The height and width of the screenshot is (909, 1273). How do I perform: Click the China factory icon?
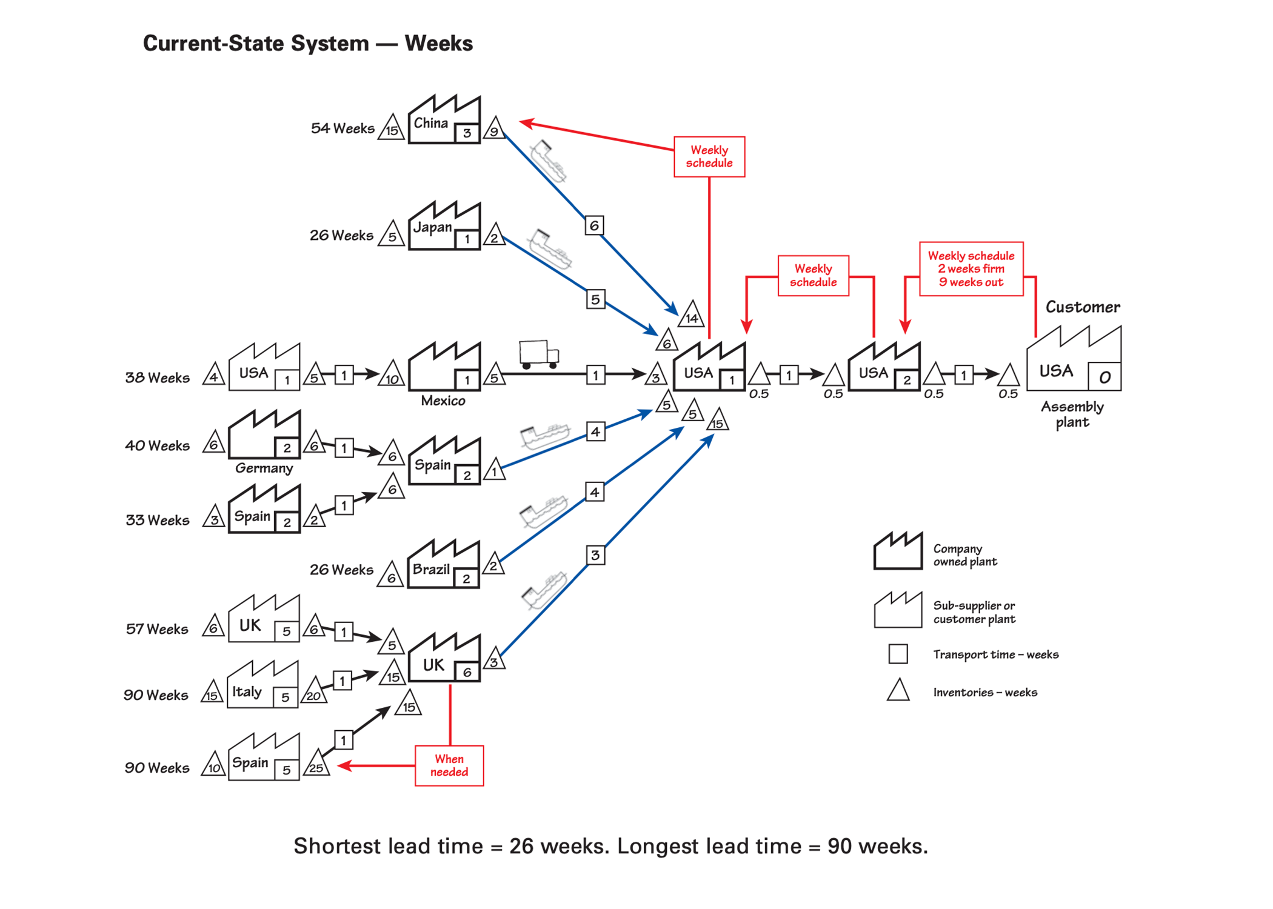click(x=444, y=121)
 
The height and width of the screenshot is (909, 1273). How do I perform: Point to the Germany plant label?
click(x=264, y=468)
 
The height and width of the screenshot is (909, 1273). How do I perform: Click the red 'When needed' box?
click(x=449, y=765)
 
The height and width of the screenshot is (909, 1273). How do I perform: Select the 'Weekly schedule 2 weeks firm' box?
click(x=971, y=268)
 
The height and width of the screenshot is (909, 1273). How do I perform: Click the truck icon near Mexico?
click(x=538, y=354)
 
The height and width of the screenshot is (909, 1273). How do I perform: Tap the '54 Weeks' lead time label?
click(x=342, y=128)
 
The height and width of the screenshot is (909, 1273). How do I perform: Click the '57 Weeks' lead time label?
click(x=157, y=629)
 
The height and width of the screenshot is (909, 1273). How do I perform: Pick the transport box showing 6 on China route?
click(x=594, y=225)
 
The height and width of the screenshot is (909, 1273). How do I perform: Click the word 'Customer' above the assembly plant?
click(x=1082, y=307)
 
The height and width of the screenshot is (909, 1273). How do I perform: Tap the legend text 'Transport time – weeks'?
click(x=995, y=654)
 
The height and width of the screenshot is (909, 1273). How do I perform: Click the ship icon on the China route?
click(x=548, y=161)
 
